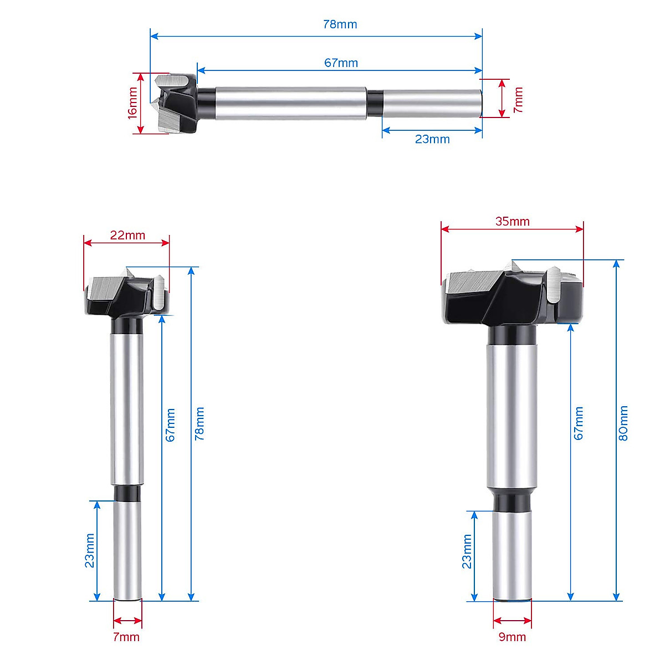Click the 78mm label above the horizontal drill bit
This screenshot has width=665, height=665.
340,24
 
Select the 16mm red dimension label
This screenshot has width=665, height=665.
132,103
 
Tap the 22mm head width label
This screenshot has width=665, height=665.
127,235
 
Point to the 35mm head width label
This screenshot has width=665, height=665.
512,222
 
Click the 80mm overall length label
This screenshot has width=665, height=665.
623,423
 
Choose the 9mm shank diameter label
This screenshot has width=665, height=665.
512,637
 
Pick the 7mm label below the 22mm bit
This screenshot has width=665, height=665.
126,637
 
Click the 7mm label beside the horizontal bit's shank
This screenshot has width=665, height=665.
518,99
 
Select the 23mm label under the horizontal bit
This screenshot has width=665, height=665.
432,139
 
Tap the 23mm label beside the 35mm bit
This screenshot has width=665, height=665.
467,551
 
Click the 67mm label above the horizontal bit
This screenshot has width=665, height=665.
341,63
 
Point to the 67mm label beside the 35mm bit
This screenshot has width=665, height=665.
579,423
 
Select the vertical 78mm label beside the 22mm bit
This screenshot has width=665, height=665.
199,423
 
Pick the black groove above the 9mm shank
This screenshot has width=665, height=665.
513,502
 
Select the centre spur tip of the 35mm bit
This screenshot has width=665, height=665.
513,264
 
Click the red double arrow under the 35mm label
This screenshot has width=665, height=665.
512,229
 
